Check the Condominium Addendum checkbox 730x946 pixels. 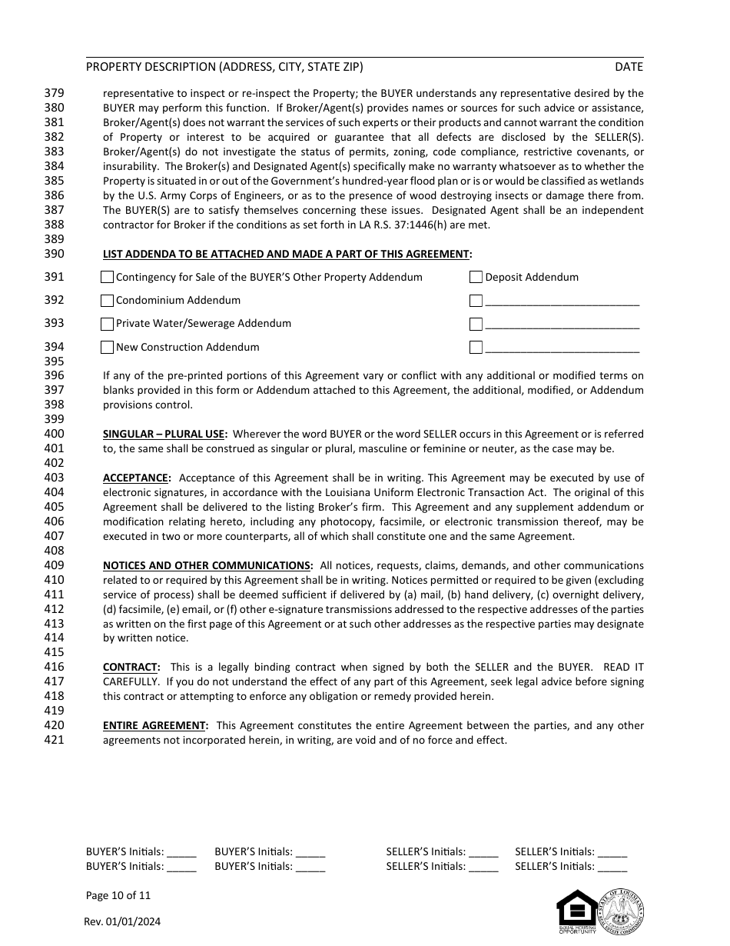tap(108, 301)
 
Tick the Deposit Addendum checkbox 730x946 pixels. tap(476, 278)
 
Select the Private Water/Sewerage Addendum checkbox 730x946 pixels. tap(108, 324)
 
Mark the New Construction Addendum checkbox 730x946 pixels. tap(108, 348)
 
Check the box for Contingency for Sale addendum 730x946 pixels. tap(108, 278)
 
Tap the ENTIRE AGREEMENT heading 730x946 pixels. tap(155, 725)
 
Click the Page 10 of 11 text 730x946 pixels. tap(118, 895)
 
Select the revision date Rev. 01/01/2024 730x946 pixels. tap(123, 922)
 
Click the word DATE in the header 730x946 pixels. tap(629, 67)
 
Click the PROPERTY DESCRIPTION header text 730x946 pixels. tap(224, 67)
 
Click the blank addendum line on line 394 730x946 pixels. tap(562, 348)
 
